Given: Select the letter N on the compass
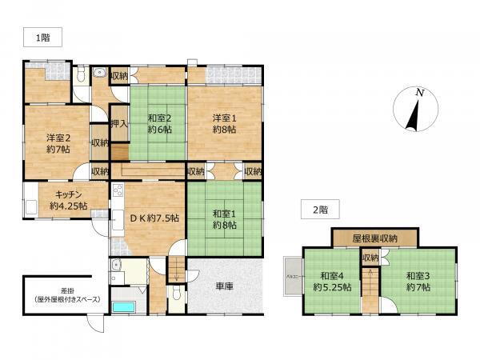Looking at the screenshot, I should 419,94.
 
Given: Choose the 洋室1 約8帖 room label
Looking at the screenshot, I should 225,126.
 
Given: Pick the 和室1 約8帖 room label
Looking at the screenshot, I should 225,219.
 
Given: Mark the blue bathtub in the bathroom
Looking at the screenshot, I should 125,306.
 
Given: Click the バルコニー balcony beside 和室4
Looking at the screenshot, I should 290,276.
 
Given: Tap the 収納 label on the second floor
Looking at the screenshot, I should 370,258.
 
